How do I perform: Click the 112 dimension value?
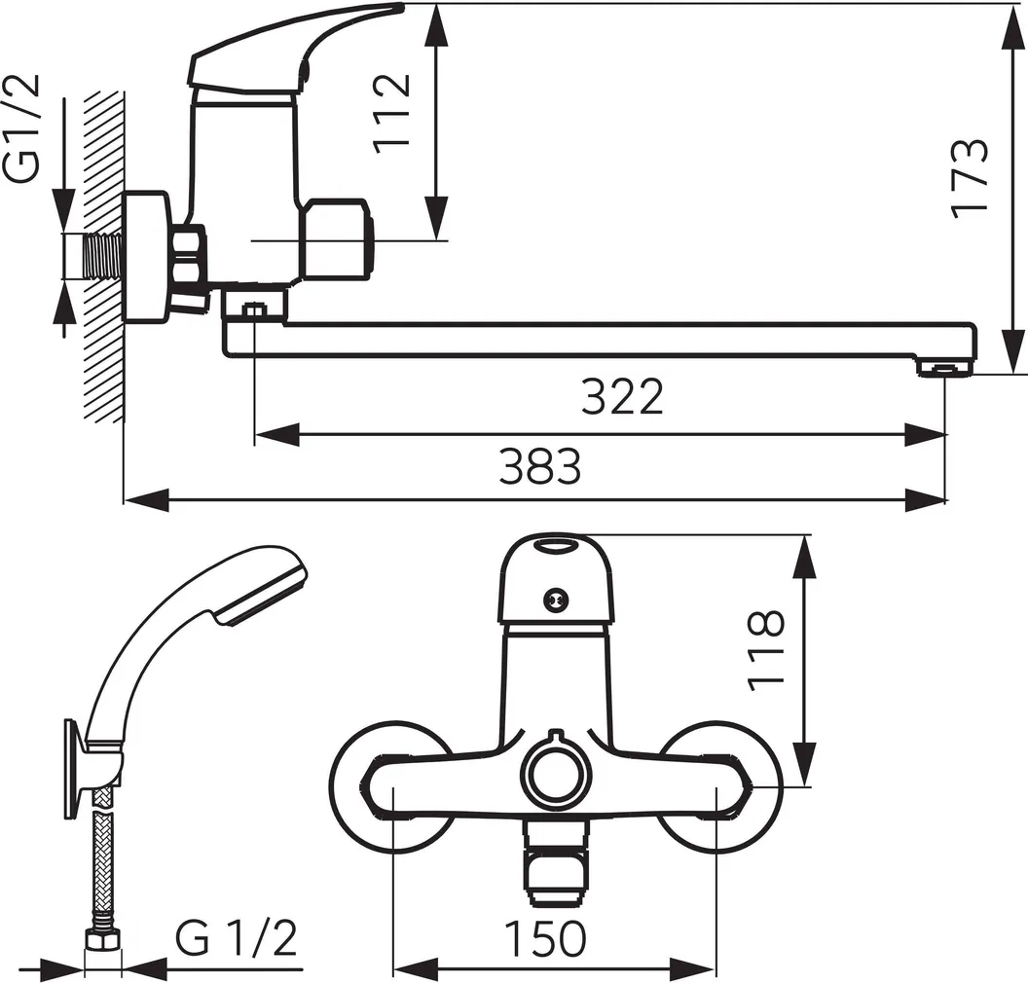(392, 113)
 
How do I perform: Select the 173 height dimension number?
(969, 178)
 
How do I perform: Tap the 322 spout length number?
(622, 396)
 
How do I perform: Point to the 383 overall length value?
(539, 466)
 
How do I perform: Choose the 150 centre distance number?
(545, 938)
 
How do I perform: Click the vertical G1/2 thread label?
(21, 128)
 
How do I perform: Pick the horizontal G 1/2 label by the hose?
(236, 938)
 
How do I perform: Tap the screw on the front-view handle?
(556, 599)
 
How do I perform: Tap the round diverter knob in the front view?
(555, 773)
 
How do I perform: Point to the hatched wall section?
(103, 256)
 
